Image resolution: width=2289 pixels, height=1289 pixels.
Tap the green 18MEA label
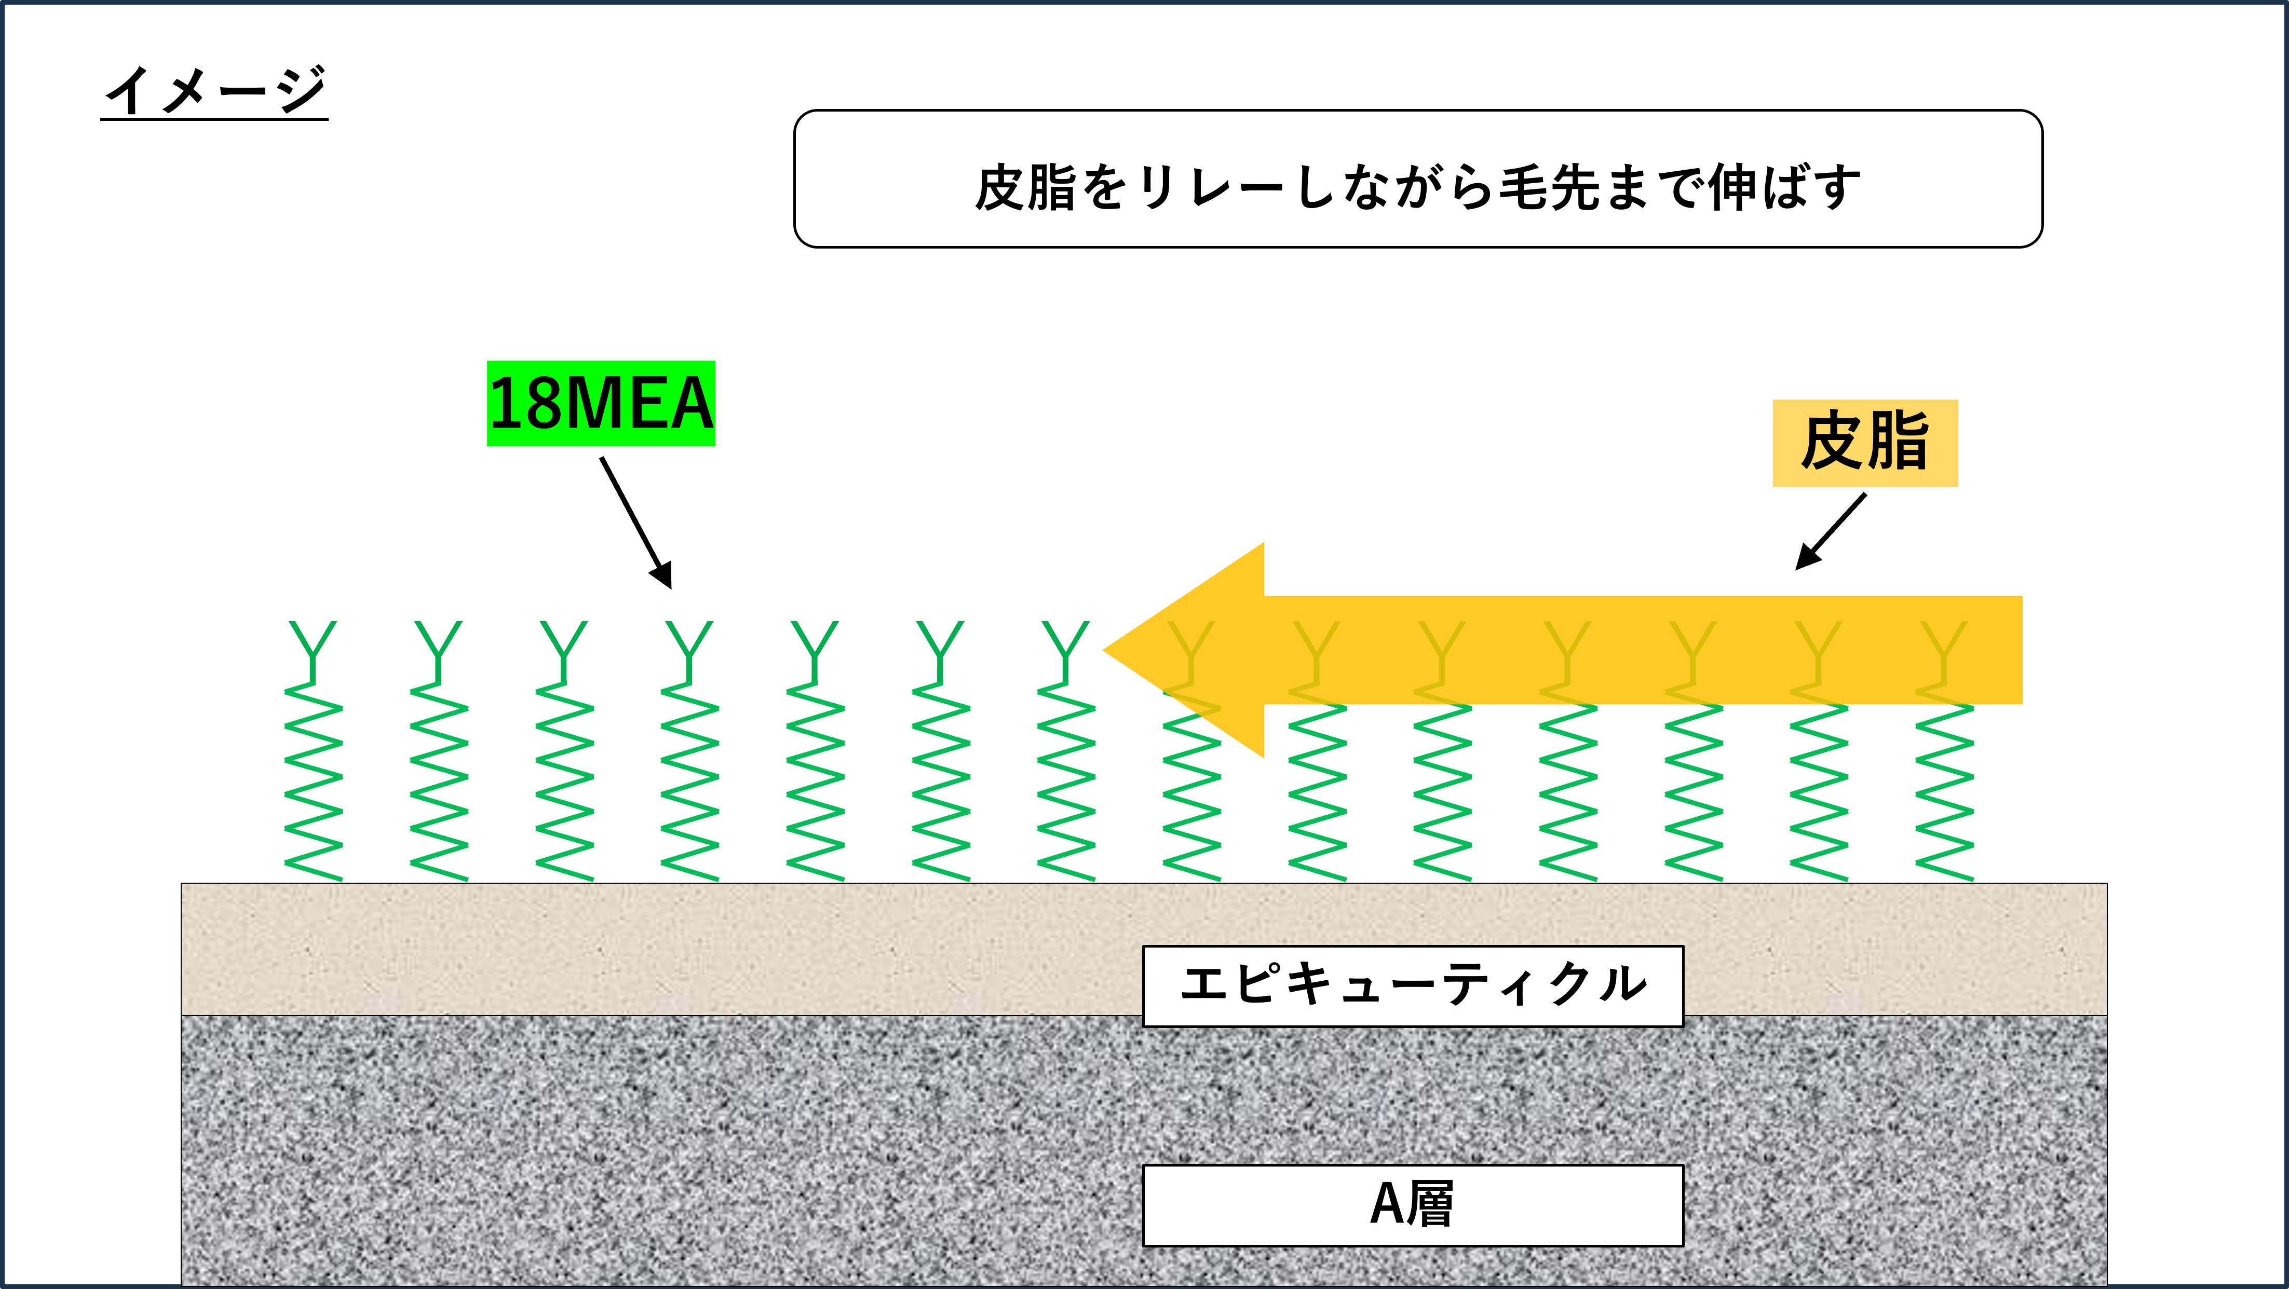point(601,403)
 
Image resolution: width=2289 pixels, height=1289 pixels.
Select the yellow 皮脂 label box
point(1864,443)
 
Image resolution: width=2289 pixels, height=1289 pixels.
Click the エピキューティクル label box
point(1412,986)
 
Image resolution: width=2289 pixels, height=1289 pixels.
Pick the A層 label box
point(1412,1204)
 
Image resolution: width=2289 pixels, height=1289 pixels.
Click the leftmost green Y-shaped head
point(313,646)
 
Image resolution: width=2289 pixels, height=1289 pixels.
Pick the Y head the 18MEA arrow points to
point(689,646)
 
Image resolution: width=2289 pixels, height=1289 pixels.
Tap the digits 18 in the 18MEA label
point(524,403)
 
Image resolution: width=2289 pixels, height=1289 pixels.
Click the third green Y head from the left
point(564,646)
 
